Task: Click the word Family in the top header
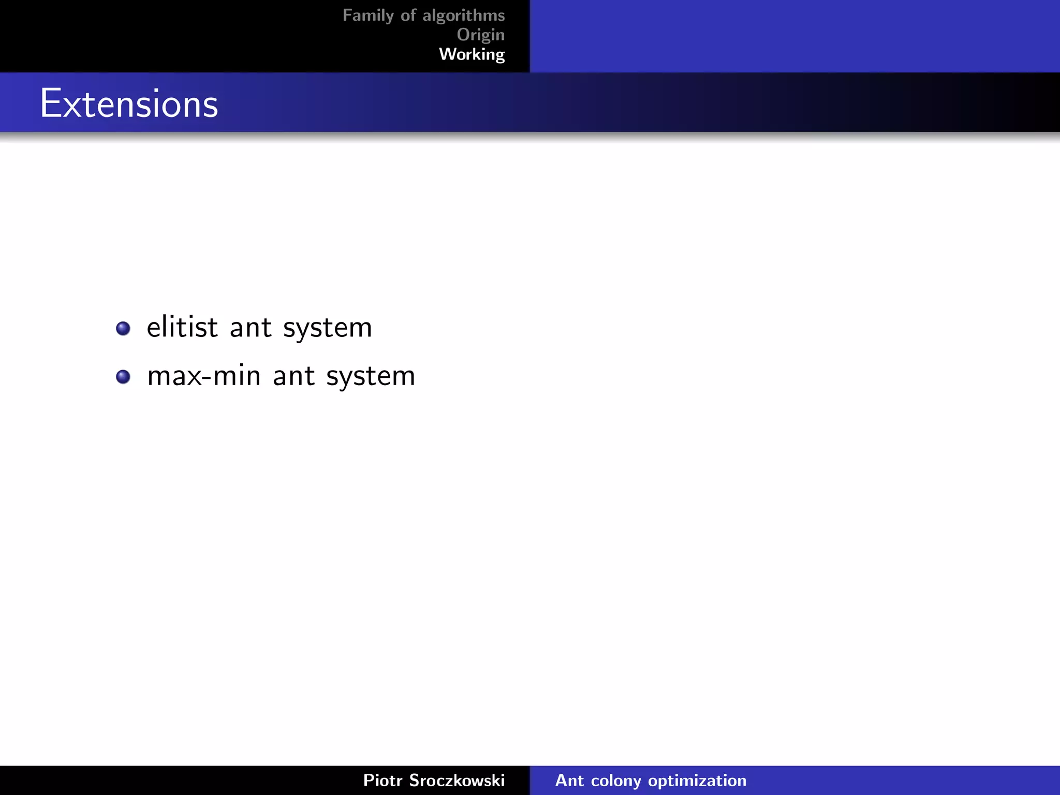pos(368,16)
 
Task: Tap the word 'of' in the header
pos(408,16)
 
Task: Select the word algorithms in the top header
pos(464,16)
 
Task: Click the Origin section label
pos(480,35)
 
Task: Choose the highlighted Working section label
pos(472,54)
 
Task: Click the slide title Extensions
pos(129,104)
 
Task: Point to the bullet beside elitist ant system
pos(123,328)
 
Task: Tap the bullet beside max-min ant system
pos(123,376)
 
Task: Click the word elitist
pos(182,327)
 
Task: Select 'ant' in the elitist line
pos(251,328)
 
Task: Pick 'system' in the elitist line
pos(328,328)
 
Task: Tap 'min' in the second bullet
pos(237,376)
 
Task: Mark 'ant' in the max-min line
pos(293,376)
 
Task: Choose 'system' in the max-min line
pos(371,376)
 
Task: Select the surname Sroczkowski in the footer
pos(457,780)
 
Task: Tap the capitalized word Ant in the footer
pos(569,780)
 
